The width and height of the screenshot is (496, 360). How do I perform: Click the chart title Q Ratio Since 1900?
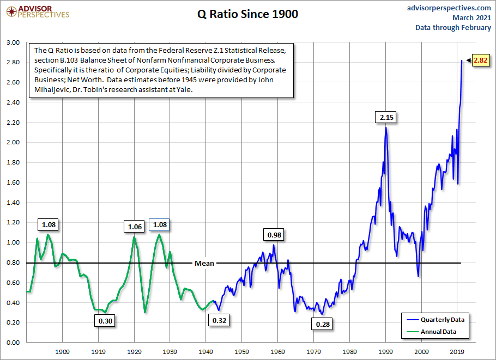[x=247, y=15]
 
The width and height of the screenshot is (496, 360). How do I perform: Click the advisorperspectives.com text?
[x=449, y=8]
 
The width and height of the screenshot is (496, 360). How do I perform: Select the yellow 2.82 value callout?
[x=480, y=60]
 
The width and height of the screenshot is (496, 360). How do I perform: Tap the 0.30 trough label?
[x=105, y=321]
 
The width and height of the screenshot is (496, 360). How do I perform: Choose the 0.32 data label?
[x=219, y=320]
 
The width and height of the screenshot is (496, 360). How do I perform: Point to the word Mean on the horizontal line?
[x=204, y=263]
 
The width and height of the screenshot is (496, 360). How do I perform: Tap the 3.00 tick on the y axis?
[x=13, y=42]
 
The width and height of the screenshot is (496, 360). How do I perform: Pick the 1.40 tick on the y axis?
[x=13, y=203]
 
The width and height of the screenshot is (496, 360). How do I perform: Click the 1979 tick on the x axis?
[x=313, y=351]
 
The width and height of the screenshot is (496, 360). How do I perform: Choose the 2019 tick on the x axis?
[x=457, y=351]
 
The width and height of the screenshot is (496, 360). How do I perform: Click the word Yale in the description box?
[x=182, y=90]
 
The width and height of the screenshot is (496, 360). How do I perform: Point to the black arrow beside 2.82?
[x=467, y=60]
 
